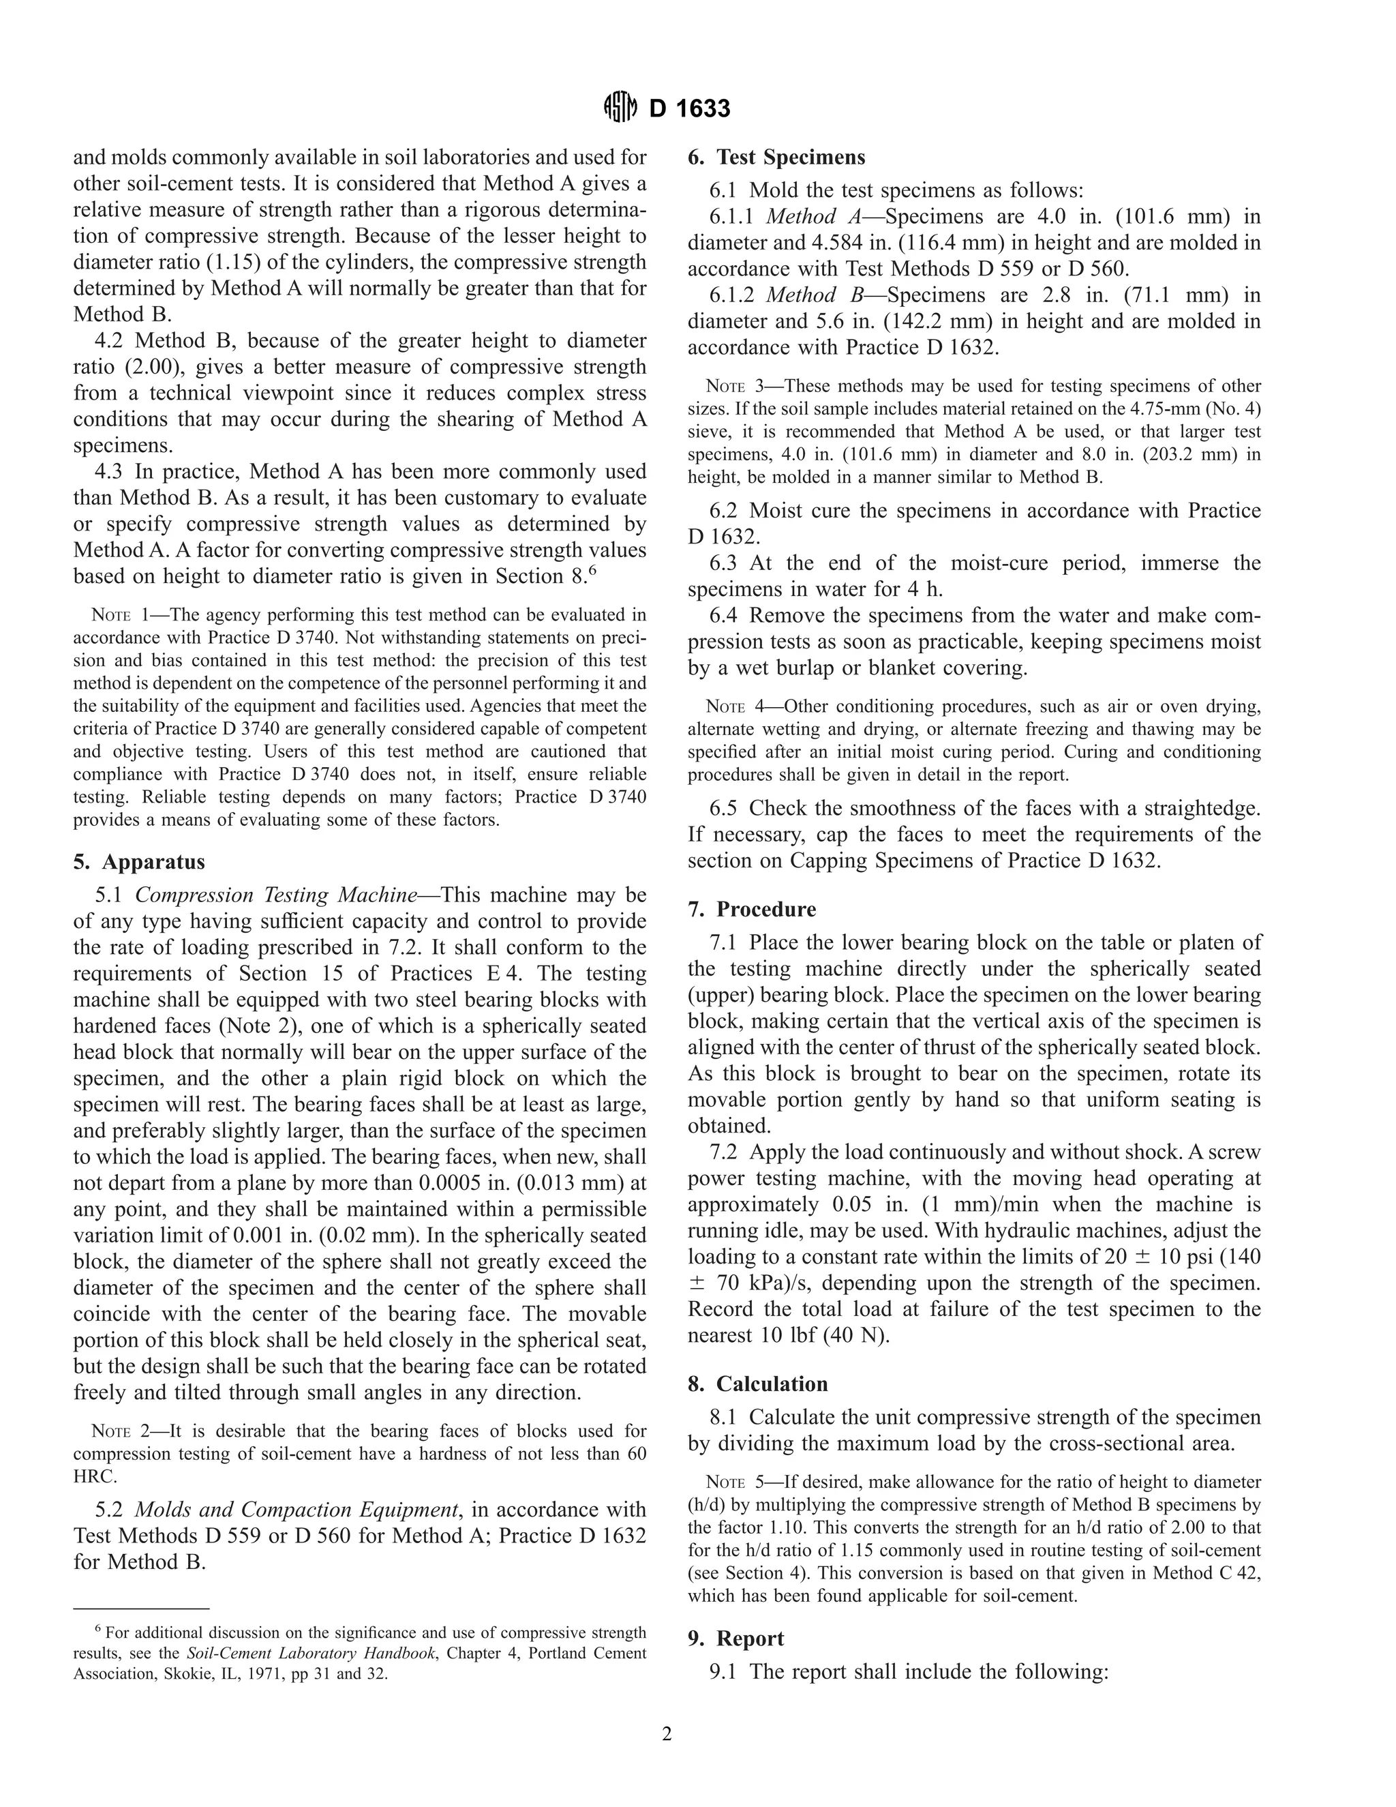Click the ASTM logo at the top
620,108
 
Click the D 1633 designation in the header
690,109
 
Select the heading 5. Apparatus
139,862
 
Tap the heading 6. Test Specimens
776,158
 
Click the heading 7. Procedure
752,909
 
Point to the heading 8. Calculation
757,1384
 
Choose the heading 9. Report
736,1639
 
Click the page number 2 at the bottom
667,1734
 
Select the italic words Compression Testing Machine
276,895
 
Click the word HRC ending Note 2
94,1476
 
